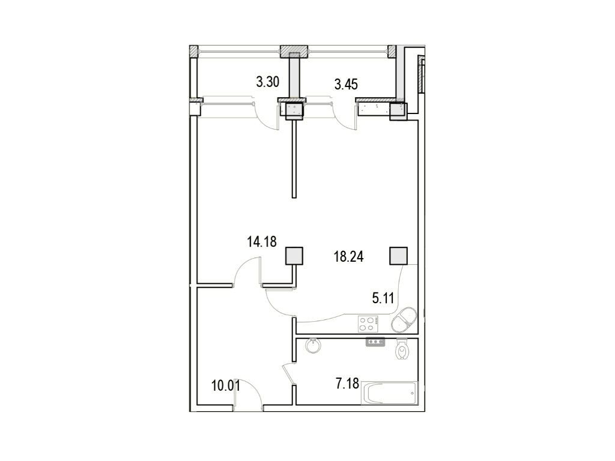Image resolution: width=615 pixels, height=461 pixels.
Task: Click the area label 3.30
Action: (x=267, y=82)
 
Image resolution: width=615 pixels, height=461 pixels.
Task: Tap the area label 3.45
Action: (x=346, y=84)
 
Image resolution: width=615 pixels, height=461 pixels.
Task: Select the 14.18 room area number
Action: (x=262, y=242)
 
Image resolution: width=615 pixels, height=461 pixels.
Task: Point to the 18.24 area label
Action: (x=349, y=257)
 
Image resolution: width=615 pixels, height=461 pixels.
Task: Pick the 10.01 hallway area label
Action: (x=226, y=386)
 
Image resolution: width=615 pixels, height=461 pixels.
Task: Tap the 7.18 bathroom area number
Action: (x=348, y=384)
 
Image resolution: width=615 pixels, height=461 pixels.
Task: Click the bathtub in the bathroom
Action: (x=389, y=393)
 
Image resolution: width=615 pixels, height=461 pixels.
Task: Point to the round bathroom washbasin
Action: (x=313, y=346)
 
